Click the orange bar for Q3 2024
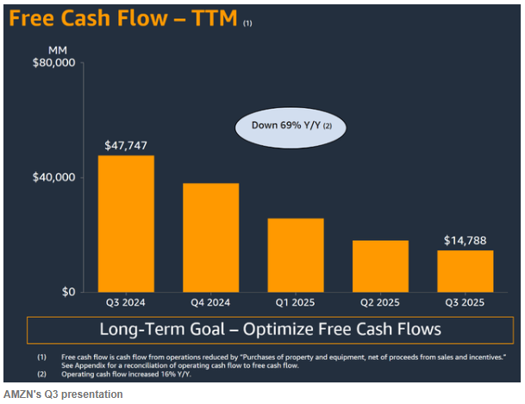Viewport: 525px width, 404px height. point(126,224)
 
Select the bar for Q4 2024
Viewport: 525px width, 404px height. point(210,237)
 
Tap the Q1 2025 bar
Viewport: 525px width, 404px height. point(296,255)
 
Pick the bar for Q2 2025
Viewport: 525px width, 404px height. point(380,266)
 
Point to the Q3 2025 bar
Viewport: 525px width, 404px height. point(465,271)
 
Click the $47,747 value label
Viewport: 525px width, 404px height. point(126,144)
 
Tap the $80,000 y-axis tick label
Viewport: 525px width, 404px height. point(54,63)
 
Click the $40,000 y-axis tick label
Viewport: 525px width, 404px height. point(54,178)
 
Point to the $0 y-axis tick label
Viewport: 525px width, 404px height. point(67,292)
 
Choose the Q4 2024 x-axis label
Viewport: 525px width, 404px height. point(210,303)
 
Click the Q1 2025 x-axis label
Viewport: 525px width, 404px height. point(296,303)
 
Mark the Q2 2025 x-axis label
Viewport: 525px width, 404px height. point(380,303)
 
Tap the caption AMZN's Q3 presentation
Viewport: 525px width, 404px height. point(62,395)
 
